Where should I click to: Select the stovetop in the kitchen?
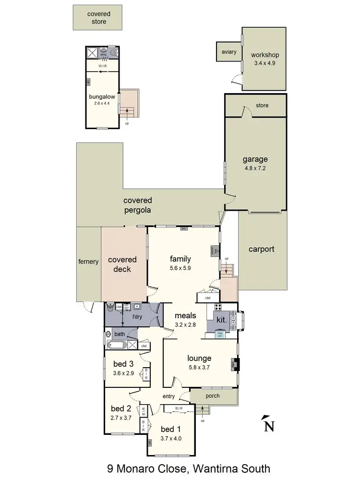(x=217, y=308)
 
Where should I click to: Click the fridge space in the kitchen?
(x=220, y=335)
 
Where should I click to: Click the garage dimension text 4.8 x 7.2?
(x=255, y=168)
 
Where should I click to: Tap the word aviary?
(x=228, y=52)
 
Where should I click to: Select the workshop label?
(x=264, y=55)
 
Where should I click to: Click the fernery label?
(x=88, y=262)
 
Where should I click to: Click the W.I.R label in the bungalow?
(x=102, y=66)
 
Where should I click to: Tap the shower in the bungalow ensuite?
(x=91, y=52)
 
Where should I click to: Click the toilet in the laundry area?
(x=110, y=307)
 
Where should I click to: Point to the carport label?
(x=261, y=249)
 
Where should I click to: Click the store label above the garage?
(x=262, y=105)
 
